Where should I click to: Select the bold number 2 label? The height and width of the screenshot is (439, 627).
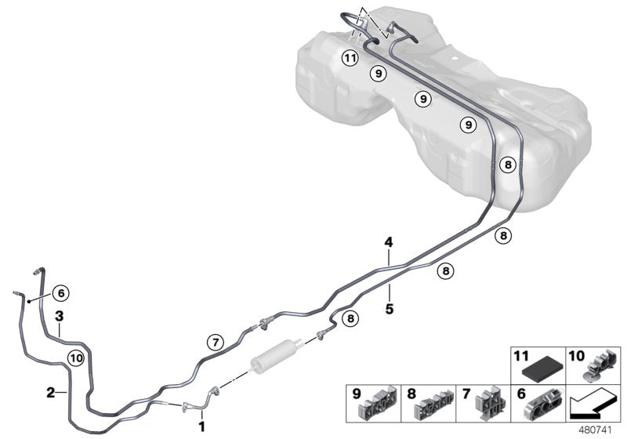(51, 393)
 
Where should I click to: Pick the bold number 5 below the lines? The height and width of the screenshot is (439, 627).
(389, 308)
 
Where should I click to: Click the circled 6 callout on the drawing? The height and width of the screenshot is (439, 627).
(61, 293)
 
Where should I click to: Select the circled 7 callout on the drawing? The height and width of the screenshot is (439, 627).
(214, 342)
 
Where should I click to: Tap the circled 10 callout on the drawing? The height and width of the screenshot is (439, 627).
(75, 358)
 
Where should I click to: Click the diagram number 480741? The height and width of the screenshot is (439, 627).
(600, 430)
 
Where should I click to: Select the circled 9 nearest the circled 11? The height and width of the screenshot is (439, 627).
(378, 73)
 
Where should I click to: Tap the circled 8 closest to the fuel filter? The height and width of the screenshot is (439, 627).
(350, 318)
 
